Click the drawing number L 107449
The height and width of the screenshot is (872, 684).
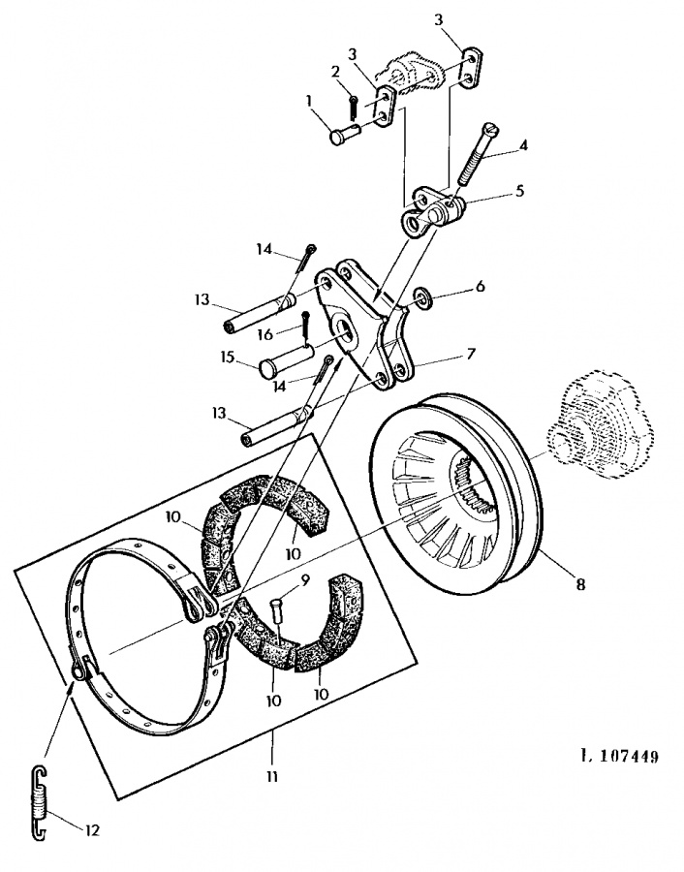[x=619, y=757]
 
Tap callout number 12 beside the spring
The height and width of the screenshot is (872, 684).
[x=92, y=830]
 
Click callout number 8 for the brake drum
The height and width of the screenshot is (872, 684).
[x=580, y=584]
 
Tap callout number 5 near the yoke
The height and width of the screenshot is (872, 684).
[x=519, y=191]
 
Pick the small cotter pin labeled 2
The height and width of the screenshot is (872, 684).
[x=354, y=108]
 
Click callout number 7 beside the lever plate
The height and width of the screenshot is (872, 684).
[x=471, y=354]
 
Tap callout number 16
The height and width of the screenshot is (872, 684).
[x=265, y=333]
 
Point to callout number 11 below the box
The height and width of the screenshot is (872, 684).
[x=271, y=776]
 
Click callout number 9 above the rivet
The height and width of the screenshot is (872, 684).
[x=304, y=580]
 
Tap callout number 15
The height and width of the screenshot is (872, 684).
[x=227, y=357]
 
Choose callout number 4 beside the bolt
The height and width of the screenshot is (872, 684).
[x=522, y=145]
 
